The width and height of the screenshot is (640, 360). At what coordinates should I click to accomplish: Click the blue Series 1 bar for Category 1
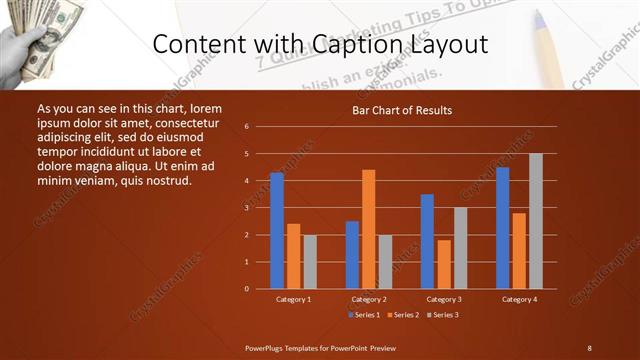point(277,230)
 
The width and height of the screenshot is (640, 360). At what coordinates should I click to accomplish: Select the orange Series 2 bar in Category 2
point(369,229)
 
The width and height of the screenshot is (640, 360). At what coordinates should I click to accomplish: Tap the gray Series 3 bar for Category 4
point(536,221)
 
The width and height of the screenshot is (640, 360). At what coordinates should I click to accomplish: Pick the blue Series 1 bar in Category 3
point(427,241)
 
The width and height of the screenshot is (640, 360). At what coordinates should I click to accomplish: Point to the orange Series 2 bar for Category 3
point(444,264)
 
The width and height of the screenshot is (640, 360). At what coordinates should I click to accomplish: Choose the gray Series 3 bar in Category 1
point(310,261)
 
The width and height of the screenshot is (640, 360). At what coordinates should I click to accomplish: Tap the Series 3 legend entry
point(445,315)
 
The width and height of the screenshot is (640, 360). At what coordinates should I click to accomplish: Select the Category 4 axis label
point(519,299)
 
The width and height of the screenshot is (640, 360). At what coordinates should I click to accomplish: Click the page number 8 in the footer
point(589,347)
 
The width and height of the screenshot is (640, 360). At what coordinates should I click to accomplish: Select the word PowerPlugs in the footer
point(266,347)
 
